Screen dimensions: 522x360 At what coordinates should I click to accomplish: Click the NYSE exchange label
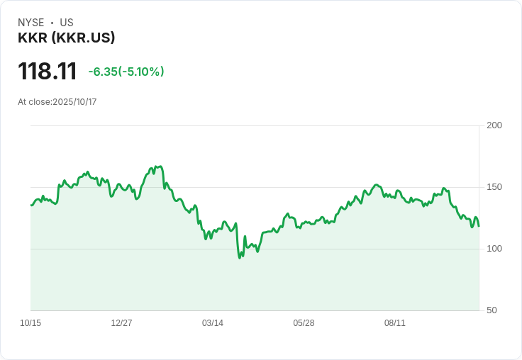click(31, 23)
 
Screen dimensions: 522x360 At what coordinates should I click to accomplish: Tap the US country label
click(67, 23)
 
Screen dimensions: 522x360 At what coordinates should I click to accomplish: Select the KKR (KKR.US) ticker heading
click(66, 38)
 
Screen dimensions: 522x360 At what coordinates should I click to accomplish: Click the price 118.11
click(48, 71)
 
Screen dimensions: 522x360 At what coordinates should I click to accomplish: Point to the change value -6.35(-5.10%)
click(126, 72)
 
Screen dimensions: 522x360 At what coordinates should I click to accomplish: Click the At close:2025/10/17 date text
click(57, 102)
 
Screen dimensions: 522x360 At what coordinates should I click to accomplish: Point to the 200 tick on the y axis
click(494, 125)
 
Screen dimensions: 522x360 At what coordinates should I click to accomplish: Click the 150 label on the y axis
click(494, 187)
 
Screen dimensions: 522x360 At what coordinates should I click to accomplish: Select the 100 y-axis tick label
click(494, 249)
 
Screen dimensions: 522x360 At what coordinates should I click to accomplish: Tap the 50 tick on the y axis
click(492, 310)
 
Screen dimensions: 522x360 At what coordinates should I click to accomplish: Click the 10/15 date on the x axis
click(30, 323)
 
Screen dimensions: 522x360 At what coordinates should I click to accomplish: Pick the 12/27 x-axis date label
click(121, 323)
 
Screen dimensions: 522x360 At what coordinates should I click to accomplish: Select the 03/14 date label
click(213, 323)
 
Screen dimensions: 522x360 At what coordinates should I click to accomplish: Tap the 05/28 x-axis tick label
click(304, 323)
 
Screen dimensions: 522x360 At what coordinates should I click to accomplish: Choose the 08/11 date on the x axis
click(395, 323)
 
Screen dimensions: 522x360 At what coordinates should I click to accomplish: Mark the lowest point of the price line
click(240, 258)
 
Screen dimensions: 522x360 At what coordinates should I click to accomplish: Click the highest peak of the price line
click(161, 166)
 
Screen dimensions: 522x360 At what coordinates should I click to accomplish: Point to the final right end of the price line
click(479, 226)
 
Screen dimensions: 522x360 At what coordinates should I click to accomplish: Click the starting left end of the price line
click(31, 206)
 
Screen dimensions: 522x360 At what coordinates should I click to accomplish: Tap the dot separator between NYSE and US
click(52, 23)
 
